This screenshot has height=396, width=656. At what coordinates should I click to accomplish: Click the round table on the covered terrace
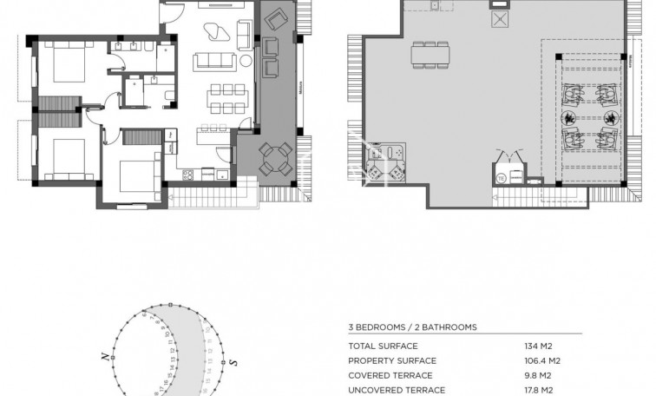(275, 160)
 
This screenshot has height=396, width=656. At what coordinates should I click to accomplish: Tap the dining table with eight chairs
(222, 97)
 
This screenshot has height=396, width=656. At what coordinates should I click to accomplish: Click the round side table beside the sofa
(246, 61)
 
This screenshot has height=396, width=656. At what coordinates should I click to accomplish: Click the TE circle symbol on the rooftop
(501, 178)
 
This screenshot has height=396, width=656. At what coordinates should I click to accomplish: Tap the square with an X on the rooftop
(500, 20)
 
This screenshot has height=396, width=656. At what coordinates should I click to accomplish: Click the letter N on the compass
(104, 357)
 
